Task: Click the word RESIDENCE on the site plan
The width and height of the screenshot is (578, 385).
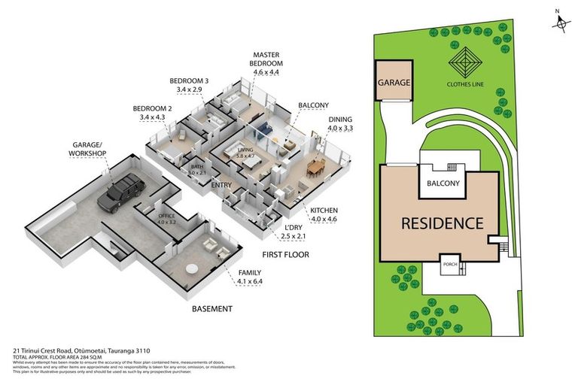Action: pos(441,223)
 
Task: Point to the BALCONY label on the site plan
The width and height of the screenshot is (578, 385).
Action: pos(443,182)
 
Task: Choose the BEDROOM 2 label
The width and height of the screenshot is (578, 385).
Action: pos(152,112)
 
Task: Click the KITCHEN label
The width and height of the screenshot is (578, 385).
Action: pos(324,211)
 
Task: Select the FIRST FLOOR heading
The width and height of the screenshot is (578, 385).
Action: pos(286,254)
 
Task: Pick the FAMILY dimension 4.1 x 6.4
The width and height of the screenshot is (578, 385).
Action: pos(253,282)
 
